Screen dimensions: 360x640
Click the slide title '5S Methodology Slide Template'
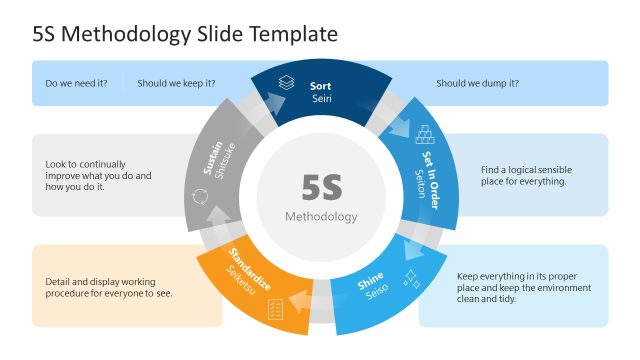coord(185,34)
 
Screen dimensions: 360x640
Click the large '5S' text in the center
coord(321,188)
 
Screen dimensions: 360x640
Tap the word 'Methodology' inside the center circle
coord(321,216)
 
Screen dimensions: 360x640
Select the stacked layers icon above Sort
coord(287,84)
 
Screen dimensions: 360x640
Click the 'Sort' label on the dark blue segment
coord(320,86)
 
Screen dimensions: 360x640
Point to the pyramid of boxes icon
coord(426,134)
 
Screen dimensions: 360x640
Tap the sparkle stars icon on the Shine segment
coord(410,277)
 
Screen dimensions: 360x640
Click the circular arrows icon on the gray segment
coord(197,195)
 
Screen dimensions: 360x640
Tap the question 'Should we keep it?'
coord(176,84)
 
